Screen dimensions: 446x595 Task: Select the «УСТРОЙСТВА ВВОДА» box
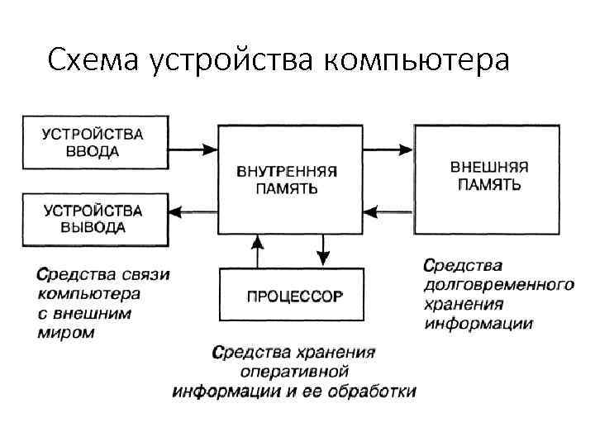tap(94, 142)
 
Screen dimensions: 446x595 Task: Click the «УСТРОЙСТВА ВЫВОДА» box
tap(94, 220)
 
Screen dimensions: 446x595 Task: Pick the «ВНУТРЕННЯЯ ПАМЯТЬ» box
tap(289, 179)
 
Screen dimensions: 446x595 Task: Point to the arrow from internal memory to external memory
tap(388, 150)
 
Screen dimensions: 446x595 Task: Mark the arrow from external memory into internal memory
tap(388, 211)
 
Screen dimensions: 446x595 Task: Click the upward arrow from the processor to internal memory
tap(258, 252)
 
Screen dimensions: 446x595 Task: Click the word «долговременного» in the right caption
tap(498, 285)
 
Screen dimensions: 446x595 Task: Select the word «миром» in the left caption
tap(66, 333)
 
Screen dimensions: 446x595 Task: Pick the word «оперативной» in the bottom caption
tap(293, 372)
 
